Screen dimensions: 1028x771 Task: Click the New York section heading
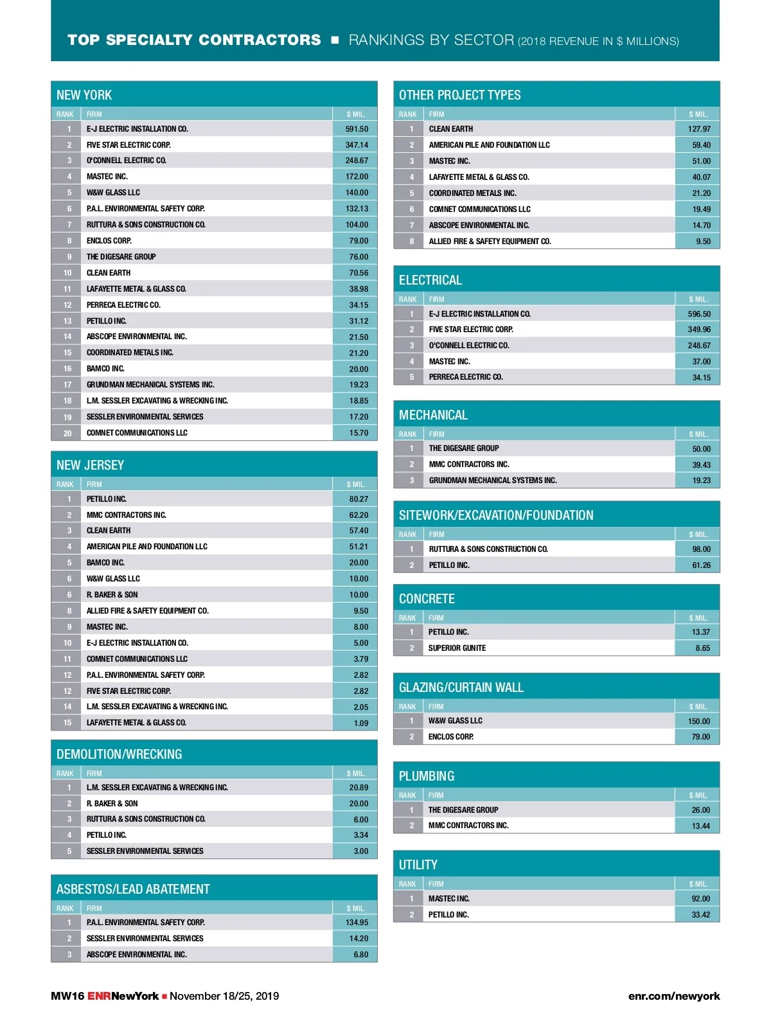[84, 95]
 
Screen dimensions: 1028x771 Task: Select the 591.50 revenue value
[357, 129]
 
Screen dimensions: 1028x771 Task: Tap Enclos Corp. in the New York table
[109, 241]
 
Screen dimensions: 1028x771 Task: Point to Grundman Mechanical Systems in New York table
[150, 385]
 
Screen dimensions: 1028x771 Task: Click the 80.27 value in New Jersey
[359, 499]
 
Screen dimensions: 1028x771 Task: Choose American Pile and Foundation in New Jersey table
[147, 547]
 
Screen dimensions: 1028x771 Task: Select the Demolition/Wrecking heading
[119, 754]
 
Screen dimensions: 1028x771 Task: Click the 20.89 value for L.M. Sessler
[359, 788]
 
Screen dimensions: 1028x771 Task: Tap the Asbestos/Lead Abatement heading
[133, 889]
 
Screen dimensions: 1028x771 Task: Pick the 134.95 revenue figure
[357, 923]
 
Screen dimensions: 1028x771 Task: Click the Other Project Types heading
[459, 95]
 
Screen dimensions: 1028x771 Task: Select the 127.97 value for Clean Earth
[699, 129]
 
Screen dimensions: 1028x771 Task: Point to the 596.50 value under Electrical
[699, 314]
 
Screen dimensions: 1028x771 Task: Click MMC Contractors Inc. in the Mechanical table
[469, 465]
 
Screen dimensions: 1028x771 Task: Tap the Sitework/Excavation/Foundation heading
[496, 515]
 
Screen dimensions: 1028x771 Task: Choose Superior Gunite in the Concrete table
[457, 648]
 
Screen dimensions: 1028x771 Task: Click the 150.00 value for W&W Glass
[699, 722]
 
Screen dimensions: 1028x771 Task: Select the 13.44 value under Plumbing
[701, 826]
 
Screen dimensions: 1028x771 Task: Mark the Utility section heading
[418, 865]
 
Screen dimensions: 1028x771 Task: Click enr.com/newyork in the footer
[674, 997]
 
